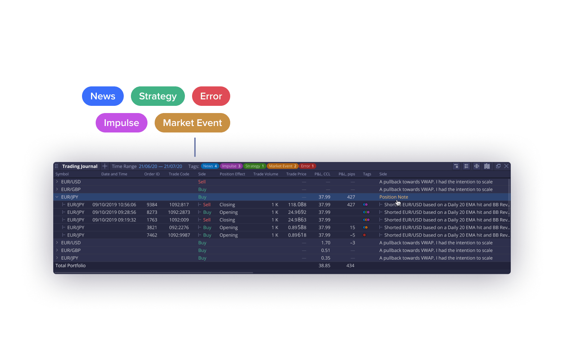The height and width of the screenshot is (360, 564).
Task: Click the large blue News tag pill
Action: (x=103, y=96)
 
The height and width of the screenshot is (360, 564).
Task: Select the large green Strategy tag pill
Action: (x=158, y=96)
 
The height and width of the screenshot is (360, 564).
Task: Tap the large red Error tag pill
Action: (x=211, y=96)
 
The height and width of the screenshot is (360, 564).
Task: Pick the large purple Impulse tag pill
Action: (x=122, y=123)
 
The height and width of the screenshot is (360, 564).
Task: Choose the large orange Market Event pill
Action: (x=192, y=123)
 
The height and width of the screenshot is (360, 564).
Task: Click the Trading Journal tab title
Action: (x=80, y=166)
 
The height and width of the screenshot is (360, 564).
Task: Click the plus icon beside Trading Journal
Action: (x=105, y=166)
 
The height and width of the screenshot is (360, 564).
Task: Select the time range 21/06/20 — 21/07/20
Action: (x=160, y=166)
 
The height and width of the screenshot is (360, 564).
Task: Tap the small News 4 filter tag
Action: (x=210, y=166)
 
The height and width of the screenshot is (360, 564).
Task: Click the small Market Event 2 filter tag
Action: (x=282, y=166)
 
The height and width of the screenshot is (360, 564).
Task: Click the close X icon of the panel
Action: (x=506, y=166)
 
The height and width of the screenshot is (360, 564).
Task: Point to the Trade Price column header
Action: (x=296, y=174)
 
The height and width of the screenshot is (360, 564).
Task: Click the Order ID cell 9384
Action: (x=152, y=204)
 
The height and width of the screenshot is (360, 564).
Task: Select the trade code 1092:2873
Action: (x=179, y=212)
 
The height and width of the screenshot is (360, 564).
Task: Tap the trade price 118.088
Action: (x=297, y=204)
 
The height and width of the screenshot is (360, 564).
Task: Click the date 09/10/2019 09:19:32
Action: (x=114, y=220)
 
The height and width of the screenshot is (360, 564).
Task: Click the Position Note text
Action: (x=394, y=197)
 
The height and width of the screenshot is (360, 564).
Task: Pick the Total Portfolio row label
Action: (x=70, y=265)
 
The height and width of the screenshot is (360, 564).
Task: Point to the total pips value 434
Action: (x=350, y=265)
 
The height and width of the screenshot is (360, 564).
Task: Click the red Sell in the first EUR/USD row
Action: (x=202, y=182)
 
